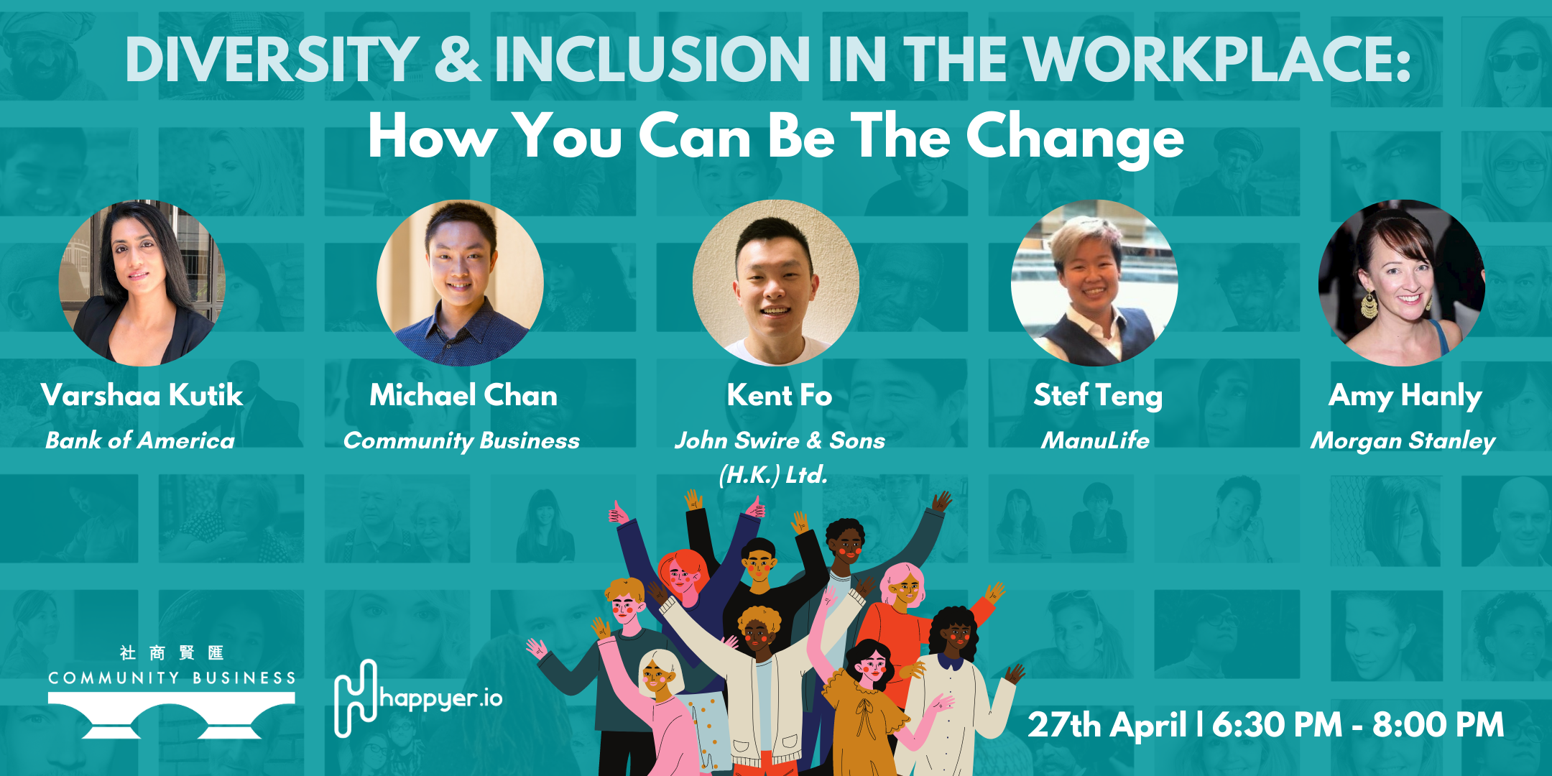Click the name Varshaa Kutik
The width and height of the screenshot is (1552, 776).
point(142,395)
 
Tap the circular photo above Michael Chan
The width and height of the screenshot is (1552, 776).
point(460,283)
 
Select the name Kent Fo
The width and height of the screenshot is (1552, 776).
point(780,395)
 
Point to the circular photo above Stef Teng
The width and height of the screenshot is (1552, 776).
point(1094,283)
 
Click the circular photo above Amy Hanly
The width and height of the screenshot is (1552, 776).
point(1402,283)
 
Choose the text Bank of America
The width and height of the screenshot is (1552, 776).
point(140,440)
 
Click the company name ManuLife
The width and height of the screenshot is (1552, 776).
point(1096,440)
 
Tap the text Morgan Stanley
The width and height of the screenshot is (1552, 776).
point(1403,441)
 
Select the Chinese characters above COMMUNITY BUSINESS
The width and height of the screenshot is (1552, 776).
point(172,652)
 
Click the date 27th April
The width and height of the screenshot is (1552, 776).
point(1107,724)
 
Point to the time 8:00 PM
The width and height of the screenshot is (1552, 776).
point(1438,724)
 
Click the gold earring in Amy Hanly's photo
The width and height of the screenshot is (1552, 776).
point(1369,305)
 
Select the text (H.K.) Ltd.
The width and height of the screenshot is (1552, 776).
point(774,475)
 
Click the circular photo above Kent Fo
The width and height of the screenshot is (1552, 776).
point(776,283)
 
